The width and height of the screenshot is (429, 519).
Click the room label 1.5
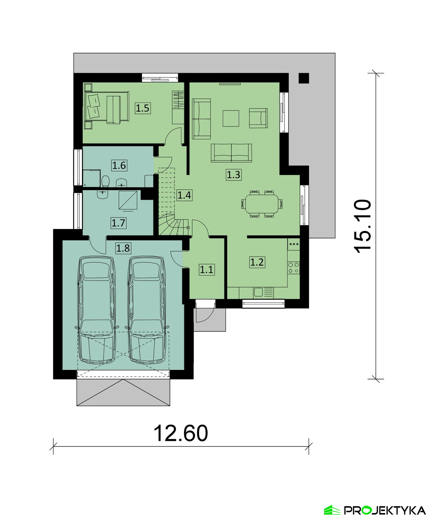[143, 108]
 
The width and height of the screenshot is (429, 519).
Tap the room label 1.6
[119, 166]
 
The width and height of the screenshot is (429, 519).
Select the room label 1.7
[118, 223]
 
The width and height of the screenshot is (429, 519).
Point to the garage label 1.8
[123, 248]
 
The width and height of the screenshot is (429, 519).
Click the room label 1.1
[207, 269]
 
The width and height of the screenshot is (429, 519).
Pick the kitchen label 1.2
[257, 262]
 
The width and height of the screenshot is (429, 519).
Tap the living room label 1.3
[234, 175]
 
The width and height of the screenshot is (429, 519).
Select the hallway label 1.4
[184, 195]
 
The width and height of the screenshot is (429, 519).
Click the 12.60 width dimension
[181, 433]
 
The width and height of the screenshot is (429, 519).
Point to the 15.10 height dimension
[363, 226]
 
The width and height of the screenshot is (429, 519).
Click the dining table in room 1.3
[262, 204]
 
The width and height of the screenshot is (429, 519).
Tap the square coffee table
[231, 118]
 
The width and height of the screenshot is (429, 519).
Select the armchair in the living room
[258, 118]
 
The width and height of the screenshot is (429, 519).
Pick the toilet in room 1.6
[105, 181]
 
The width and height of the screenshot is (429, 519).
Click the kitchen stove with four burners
[293, 268]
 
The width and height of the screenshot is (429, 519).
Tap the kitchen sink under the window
[258, 292]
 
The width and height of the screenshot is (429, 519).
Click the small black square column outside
[304, 78]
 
